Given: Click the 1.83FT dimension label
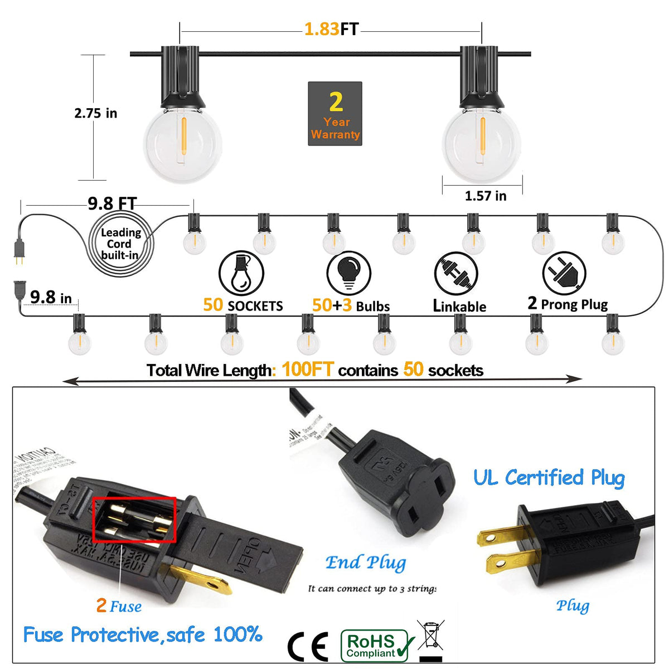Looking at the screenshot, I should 331,29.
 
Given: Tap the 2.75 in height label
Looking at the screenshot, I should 95,113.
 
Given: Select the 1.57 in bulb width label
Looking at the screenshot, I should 486,196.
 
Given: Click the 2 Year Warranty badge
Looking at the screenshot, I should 335,114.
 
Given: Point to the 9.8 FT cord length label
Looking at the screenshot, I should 111,203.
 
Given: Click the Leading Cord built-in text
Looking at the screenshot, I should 120,244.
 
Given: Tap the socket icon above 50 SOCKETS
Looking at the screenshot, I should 241,273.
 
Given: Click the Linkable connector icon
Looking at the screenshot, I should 456,274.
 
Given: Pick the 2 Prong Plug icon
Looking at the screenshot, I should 564,273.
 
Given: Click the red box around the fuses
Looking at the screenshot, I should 134,520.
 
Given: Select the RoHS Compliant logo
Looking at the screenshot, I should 377,646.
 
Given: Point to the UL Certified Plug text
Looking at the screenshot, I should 549,478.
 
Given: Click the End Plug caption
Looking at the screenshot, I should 366,563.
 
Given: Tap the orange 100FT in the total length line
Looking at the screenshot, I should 307,370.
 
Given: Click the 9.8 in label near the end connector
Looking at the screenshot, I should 51,297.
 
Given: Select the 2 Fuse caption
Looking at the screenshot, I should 119,606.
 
